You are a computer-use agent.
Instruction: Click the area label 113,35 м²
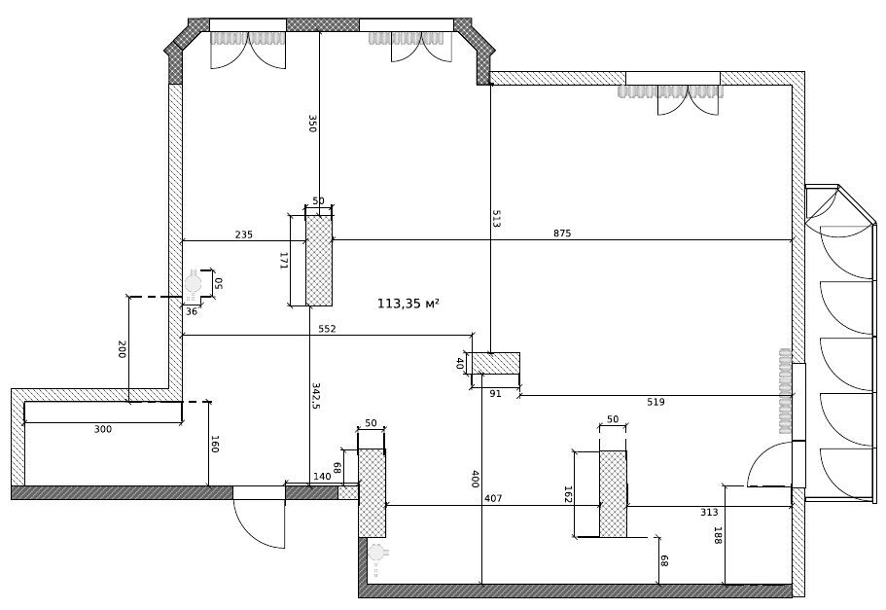coord(408,304)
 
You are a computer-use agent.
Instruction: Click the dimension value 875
coord(562,233)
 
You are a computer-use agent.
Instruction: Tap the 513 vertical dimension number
coord(496,219)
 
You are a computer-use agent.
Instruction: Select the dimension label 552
coord(327,329)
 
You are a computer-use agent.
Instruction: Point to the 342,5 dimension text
coord(316,396)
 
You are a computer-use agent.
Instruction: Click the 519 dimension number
coord(656,402)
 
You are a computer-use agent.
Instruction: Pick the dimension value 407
coord(493,499)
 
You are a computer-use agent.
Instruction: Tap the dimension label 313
coord(709,512)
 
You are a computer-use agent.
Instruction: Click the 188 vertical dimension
coord(718,535)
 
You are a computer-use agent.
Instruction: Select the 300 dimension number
coord(103,430)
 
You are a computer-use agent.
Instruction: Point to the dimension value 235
coord(244,234)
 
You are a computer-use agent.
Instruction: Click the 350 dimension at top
coord(312,124)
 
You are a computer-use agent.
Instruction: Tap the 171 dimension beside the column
coord(284,261)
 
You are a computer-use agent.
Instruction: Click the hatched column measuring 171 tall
coord(319,261)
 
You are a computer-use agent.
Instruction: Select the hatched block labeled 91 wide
coord(496,363)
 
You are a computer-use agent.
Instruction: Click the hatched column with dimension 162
coord(613,494)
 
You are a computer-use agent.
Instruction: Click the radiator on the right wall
coord(786,391)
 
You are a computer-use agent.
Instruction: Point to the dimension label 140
coord(322,477)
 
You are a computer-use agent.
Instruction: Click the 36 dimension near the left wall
coord(192,311)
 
